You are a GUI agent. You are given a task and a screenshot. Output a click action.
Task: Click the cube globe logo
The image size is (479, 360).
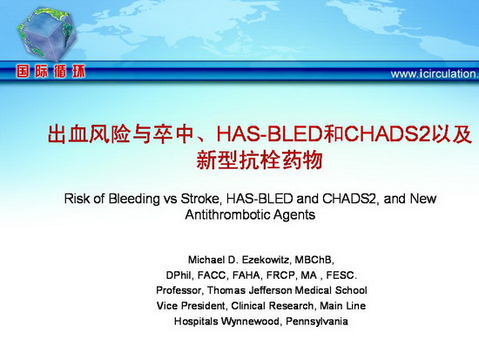click(46, 34)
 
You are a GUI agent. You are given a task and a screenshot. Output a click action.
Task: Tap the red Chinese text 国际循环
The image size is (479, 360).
click(51, 72)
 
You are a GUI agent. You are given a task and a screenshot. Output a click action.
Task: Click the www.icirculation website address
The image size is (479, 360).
click(435, 74)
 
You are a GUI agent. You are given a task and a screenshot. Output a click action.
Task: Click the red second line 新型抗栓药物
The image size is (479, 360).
click(260, 160)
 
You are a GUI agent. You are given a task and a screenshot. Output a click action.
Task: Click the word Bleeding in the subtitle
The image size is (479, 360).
click(134, 199)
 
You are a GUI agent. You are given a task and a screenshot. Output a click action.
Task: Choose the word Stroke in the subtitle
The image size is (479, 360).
click(200, 199)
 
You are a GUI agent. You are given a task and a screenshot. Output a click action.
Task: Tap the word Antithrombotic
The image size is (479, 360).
click(223, 214)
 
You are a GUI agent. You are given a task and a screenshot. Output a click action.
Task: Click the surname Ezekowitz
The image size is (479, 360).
click(266, 260)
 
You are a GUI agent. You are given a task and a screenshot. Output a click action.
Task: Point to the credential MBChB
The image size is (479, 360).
click(314, 260)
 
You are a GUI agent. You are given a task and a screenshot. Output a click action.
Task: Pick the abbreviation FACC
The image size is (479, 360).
click(212, 275)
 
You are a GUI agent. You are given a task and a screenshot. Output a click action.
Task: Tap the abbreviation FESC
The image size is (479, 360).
click(341, 275)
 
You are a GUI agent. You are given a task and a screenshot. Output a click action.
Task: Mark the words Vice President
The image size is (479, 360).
click(192, 306)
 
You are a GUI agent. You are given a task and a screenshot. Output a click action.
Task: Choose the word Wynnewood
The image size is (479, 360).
click(251, 322)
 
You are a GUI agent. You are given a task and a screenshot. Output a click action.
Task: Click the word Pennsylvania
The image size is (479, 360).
click(317, 322)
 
